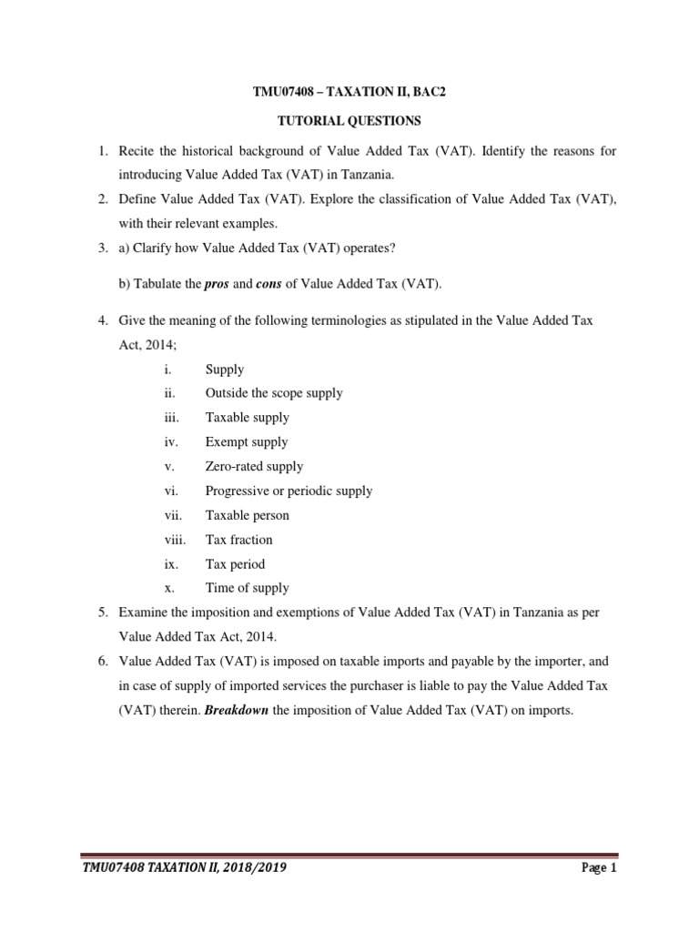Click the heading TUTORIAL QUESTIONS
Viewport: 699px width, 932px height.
(349, 120)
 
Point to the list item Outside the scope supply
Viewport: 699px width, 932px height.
(274, 393)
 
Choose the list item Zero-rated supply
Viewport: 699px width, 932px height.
(254, 466)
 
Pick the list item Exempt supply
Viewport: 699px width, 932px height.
(247, 441)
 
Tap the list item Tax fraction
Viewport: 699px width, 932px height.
(238, 539)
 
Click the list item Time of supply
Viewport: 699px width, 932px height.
(248, 588)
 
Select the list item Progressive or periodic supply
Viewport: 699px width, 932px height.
(289, 491)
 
